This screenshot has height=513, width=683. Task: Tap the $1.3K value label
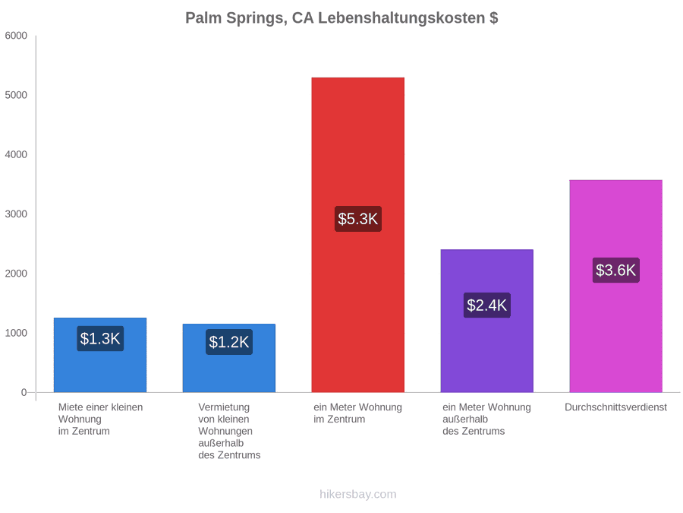pyautogui.click(x=100, y=338)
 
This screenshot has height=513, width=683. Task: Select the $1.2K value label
pyautogui.click(x=229, y=342)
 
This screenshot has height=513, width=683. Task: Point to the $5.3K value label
pyautogui.click(x=358, y=219)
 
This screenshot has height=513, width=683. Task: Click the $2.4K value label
pyautogui.click(x=487, y=305)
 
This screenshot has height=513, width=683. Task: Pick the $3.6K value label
pyautogui.click(x=616, y=270)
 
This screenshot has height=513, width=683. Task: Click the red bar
pyautogui.click(x=358, y=235)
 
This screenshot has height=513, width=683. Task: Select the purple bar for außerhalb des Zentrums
pyautogui.click(x=487, y=321)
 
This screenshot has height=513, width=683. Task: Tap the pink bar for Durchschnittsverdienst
pyautogui.click(x=616, y=287)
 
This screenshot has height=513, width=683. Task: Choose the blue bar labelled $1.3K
pyautogui.click(x=100, y=355)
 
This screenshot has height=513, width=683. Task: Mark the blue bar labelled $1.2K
pyautogui.click(x=229, y=358)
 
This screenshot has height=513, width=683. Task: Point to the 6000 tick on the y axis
pyautogui.click(x=16, y=36)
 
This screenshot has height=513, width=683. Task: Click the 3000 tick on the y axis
pyautogui.click(x=16, y=214)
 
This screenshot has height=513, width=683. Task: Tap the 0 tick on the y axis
pyautogui.click(x=24, y=393)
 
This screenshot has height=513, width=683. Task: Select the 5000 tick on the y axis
pyautogui.click(x=16, y=95)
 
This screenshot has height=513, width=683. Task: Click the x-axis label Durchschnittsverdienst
pyautogui.click(x=616, y=407)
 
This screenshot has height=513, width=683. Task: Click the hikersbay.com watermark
pyautogui.click(x=358, y=494)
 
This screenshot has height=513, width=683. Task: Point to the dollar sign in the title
pyautogui.click(x=493, y=18)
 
